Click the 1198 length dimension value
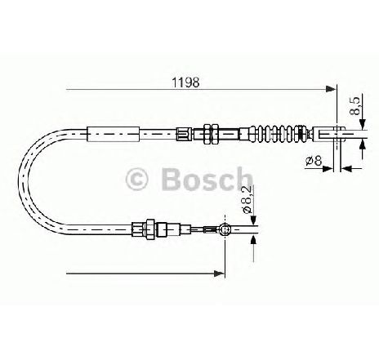pos(185,82)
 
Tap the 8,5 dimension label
pos(355,105)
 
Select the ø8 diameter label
pos(314,161)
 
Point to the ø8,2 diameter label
pos(247,199)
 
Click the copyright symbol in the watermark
pos(136,179)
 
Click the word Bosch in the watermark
pos(207,178)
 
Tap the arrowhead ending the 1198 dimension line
pos(331,89)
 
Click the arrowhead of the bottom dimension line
pos(219,273)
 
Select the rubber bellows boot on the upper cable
pos(278,134)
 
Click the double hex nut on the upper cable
pos(211,134)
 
